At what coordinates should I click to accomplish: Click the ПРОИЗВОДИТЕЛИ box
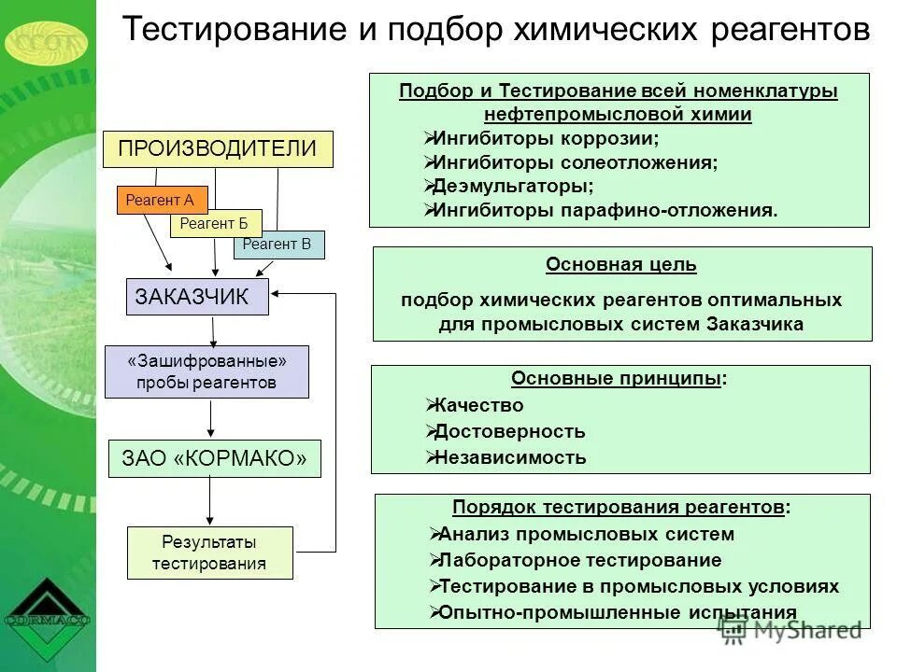[x=217, y=148]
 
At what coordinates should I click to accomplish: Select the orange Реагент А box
[x=162, y=200]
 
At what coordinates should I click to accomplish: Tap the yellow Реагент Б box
[x=216, y=223]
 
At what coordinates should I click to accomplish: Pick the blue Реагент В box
[x=278, y=245]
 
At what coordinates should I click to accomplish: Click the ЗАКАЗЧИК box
[x=197, y=297]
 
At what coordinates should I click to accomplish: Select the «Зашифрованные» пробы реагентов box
[x=206, y=371]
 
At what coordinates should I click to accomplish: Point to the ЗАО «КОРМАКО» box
[x=214, y=458]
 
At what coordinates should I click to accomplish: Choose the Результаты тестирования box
[x=209, y=553]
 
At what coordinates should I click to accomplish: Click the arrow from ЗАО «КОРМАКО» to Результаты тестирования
[x=209, y=502]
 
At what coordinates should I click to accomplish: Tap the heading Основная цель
[x=621, y=265]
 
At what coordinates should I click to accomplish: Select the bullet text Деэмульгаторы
[x=513, y=186]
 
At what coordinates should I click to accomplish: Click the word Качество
[x=479, y=405]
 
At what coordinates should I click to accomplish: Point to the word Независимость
[x=510, y=457]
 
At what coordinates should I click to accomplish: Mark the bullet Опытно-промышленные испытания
[x=618, y=612]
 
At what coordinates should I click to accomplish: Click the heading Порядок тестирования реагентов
[x=619, y=508]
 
